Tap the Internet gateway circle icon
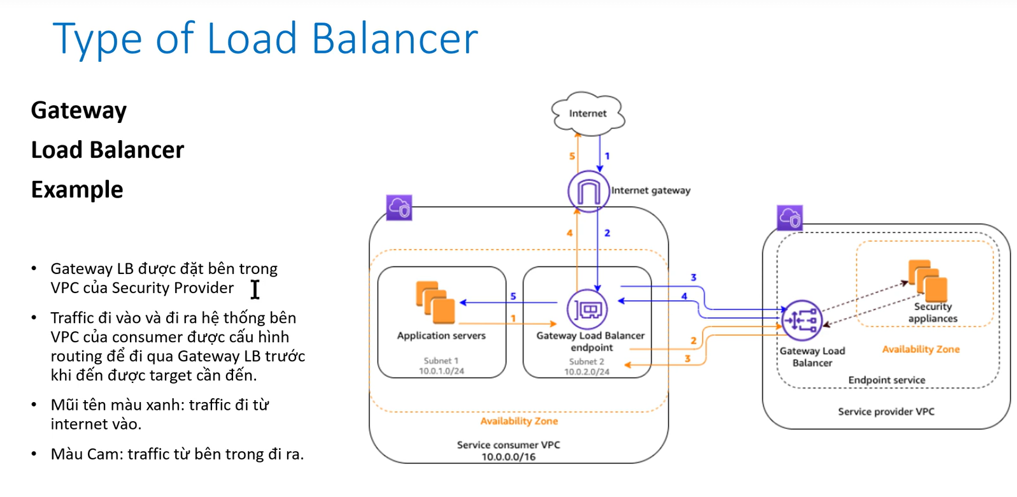(588, 191)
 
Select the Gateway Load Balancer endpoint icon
(587, 310)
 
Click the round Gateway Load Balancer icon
(802, 321)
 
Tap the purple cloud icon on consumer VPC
(399, 208)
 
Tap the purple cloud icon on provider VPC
(790, 218)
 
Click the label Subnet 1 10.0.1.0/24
(441, 366)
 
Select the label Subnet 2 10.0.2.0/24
(587, 366)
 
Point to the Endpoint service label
(886, 380)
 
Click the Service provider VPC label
(886, 412)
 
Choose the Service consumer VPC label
(508, 450)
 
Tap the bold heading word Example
(77, 190)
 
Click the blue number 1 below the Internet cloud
(607, 156)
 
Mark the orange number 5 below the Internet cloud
(572, 156)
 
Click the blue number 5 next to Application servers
(513, 296)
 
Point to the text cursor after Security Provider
(255, 289)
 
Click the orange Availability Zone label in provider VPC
(920, 349)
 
